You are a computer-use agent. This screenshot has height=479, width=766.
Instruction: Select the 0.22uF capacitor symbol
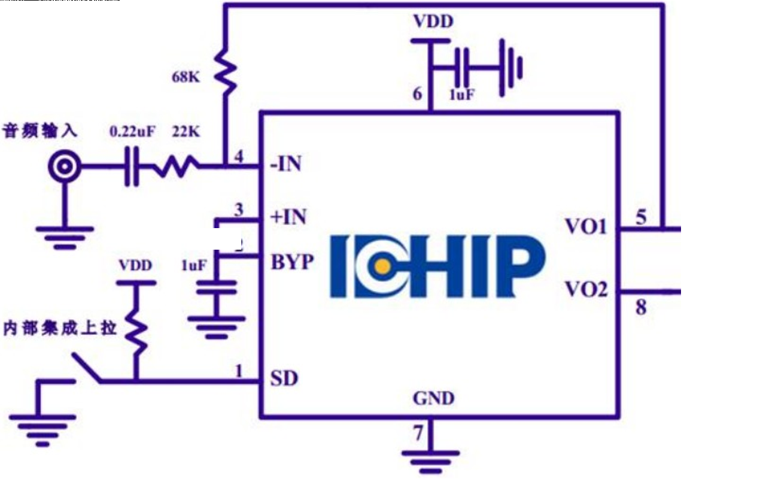coord(131,166)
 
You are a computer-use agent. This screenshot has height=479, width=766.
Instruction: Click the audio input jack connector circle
coord(63,166)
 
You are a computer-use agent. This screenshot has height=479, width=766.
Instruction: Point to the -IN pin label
coord(286,164)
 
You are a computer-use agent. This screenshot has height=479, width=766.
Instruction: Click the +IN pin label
coord(288,217)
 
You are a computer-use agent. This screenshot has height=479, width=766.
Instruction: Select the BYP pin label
coord(292,262)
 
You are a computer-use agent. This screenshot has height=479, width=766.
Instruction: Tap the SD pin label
coord(284,379)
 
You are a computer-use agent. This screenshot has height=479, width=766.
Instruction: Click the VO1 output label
coord(586,228)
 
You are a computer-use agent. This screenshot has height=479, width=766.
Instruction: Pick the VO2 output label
coord(586,290)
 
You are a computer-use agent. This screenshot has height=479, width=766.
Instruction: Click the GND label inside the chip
coord(433,398)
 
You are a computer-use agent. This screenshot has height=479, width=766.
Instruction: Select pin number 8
coord(641,309)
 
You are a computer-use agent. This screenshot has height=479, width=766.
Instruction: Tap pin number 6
coord(417,94)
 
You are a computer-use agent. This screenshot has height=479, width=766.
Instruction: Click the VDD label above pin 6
coord(433,22)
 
